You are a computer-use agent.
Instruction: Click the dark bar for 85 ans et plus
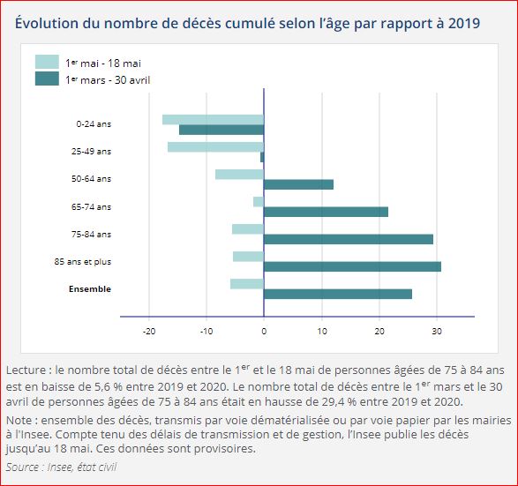[x=352, y=266]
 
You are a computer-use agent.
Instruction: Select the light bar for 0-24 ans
[x=213, y=119]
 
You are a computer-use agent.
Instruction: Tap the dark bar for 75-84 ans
[x=349, y=239]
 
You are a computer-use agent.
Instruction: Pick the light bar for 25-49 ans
[x=215, y=146]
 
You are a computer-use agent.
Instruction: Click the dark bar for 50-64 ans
[x=298, y=184]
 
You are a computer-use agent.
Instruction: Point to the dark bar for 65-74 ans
[x=326, y=212]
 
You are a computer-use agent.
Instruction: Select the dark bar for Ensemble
[x=338, y=294]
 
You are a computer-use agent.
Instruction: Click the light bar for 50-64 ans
[x=239, y=174]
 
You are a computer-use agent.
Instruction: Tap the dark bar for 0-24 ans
[x=221, y=130]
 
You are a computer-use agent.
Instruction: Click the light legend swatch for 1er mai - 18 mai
[x=47, y=62]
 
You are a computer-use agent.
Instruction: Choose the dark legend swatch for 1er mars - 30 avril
[x=47, y=79]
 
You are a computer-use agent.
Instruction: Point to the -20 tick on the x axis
[x=149, y=332]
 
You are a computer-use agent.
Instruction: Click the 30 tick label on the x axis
[x=437, y=332]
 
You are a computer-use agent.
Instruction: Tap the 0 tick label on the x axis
[x=264, y=332]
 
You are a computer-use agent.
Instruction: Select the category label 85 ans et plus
[x=83, y=262]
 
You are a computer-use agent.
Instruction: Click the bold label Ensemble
[x=90, y=289]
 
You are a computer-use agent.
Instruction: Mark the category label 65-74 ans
[x=92, y=207]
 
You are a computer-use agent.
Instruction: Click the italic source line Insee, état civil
[x=61, y=466]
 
